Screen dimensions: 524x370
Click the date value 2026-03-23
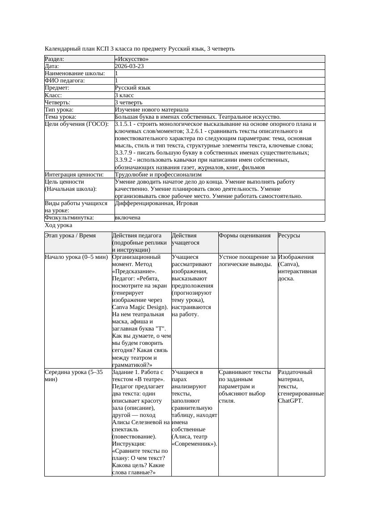[x=129, y=66]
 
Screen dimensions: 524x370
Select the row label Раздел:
[x=55, y=59]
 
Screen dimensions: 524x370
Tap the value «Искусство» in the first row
[x=132, y=59]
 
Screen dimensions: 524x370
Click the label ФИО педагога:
[x=65, y=81]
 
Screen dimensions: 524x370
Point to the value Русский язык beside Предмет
[x=132, y=88]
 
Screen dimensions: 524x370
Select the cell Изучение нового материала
[x=152, y=110]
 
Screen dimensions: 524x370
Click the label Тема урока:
[x=60, y=117]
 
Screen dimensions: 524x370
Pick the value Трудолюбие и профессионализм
[x=158, y=175]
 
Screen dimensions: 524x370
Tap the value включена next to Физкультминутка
[x=128, y=218]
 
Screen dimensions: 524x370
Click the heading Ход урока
[x=59, y=226]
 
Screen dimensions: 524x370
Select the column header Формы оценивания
[x=245, y=236]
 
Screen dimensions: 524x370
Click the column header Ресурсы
[x=289, y=236]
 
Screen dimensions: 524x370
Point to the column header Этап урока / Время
[x=70, y=236]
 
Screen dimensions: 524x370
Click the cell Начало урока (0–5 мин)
[x=77, y=258]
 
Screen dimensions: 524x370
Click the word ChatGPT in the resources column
[x=290, y=401]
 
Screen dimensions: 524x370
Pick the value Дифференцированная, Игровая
[x=156, y=203]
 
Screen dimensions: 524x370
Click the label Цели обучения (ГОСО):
[x=77, y=124]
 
